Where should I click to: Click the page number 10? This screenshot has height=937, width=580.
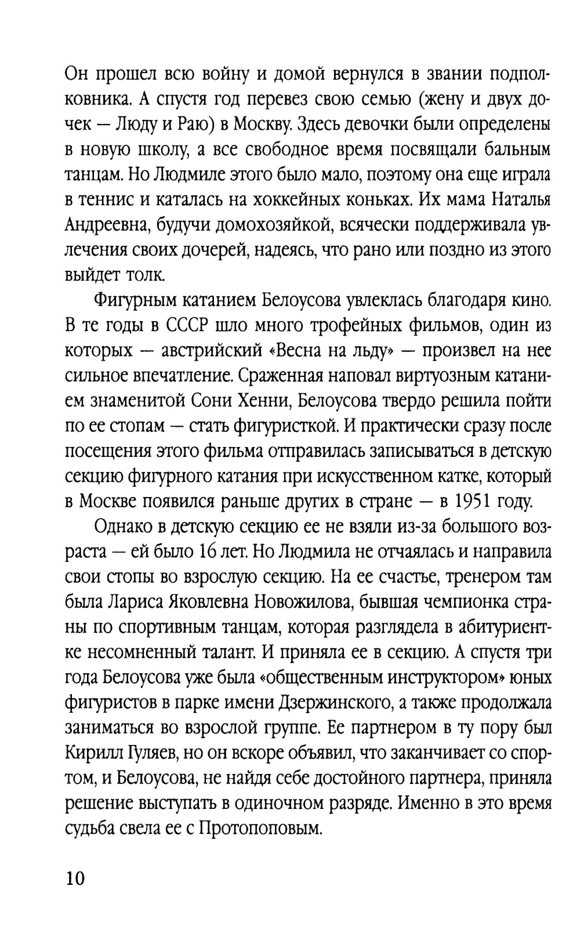pyautogui.click(x=75, y=878)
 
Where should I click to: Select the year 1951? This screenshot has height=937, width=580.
pyautogui.click(x=474, y=501)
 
